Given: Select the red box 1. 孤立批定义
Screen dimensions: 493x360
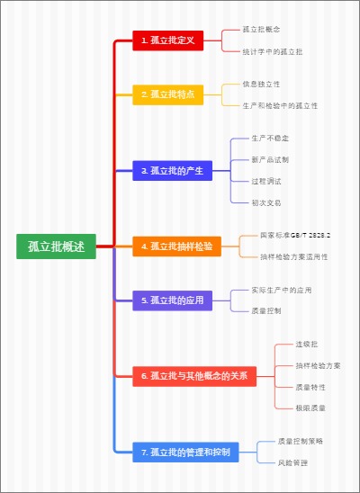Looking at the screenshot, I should click(x=167, y=40).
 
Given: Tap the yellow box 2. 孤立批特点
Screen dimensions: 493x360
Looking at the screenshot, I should click(x=167, y=94).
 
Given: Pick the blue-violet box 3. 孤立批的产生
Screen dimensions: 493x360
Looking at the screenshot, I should click(x=171, y=170).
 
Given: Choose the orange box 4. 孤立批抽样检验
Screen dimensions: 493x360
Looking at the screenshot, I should click(x=176, y=246).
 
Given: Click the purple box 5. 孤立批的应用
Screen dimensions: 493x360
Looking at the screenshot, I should click(x=171, y=300).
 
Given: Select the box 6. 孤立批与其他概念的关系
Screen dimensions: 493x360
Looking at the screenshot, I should click(x=195, y=375).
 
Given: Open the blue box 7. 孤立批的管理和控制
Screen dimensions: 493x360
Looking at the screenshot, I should click(x=185, y=451).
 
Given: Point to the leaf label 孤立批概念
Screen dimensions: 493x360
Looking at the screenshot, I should click(x=262, y=30).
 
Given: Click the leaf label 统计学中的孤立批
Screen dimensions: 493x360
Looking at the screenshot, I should click(x=273, y=51).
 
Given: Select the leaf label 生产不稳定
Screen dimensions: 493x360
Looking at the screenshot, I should click(x=270, y=138).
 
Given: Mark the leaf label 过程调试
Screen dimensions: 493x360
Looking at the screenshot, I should click(x=266, y=181).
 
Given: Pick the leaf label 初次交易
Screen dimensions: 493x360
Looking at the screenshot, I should click(x=266, y=202).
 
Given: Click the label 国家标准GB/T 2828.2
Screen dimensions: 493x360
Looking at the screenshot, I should click(x=295, y=235).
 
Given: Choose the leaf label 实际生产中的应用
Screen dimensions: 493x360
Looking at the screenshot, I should click(x=282, y=290).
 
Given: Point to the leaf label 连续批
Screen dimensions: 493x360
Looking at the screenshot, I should click(x=307, y=344).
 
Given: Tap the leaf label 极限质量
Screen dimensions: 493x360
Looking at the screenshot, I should click(x=310, y=408).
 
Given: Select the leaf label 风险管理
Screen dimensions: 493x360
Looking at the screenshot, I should click(x=292, y=462).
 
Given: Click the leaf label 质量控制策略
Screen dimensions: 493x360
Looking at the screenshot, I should click(x=301, y=441).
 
